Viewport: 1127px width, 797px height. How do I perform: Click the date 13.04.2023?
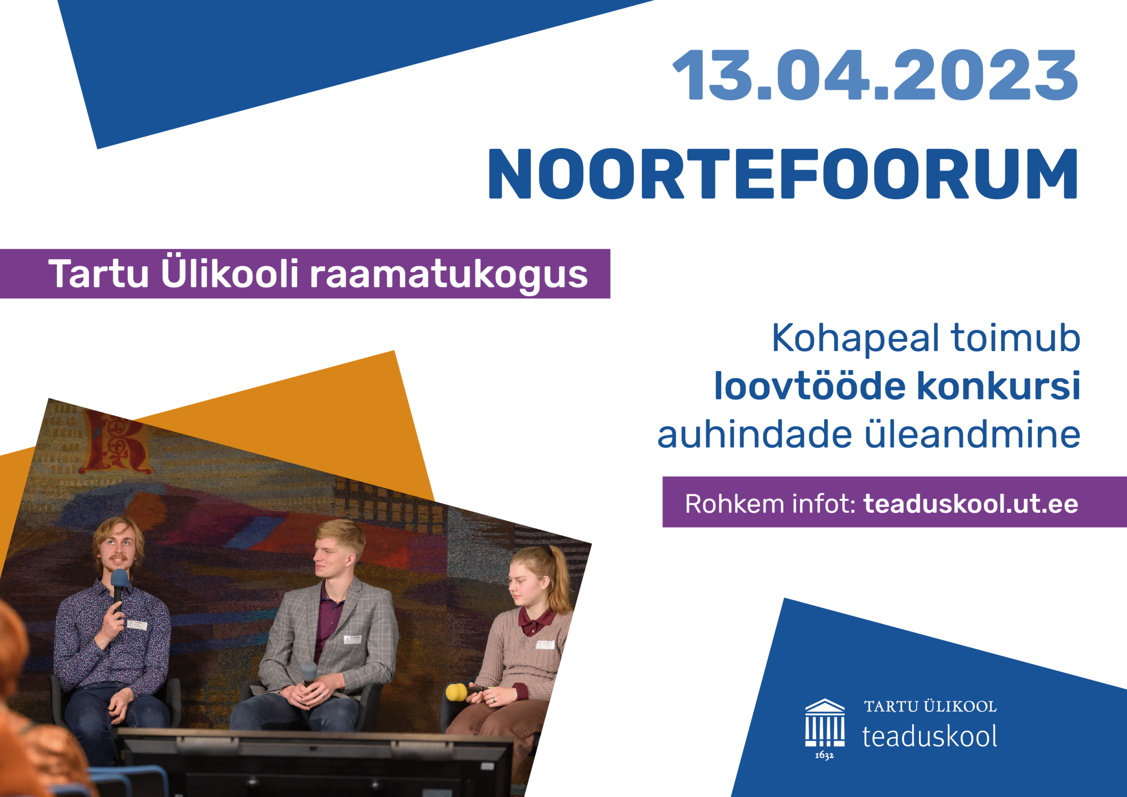(875, 75)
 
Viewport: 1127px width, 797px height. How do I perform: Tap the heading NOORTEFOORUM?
(783, 174)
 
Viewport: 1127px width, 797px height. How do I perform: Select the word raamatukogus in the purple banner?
(449, 275)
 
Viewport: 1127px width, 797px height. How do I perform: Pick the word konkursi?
(998, 386)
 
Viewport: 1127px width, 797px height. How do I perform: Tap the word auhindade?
(755, 434)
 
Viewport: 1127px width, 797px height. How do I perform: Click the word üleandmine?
(972, 434)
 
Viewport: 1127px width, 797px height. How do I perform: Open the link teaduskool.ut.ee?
(970, 504)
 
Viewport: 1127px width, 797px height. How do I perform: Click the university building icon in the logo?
(825, 723)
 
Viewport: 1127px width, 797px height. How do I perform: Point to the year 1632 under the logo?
(824, 755)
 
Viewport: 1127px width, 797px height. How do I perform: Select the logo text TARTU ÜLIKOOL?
(930, 707)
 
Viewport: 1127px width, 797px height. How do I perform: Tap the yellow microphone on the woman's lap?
(457, 692)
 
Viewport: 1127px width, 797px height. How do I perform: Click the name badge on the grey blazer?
(353, 639)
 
